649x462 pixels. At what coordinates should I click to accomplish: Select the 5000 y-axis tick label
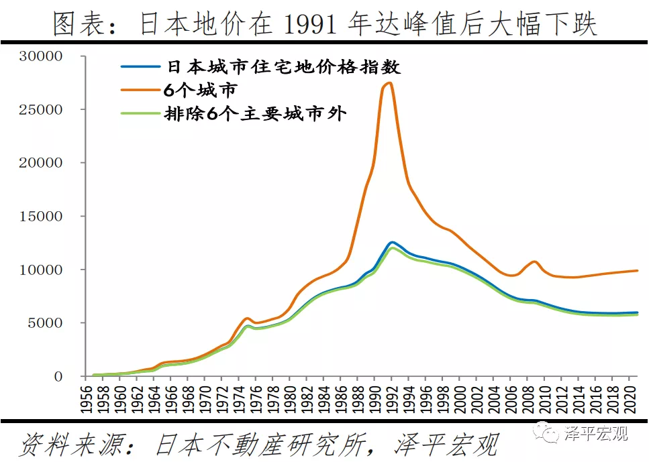[48, 323]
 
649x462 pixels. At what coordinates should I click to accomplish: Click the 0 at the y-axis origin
[59, 377]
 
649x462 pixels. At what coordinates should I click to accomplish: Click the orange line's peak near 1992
[390, 82]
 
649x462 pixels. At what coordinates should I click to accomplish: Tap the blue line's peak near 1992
[392, 242]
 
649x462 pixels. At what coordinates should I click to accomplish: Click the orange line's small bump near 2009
[534, 262]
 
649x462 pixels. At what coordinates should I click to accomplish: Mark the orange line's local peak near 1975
[246, 318]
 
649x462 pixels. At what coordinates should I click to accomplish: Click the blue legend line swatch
[140, 67]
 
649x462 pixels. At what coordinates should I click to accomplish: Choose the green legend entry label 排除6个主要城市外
[255, 113]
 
